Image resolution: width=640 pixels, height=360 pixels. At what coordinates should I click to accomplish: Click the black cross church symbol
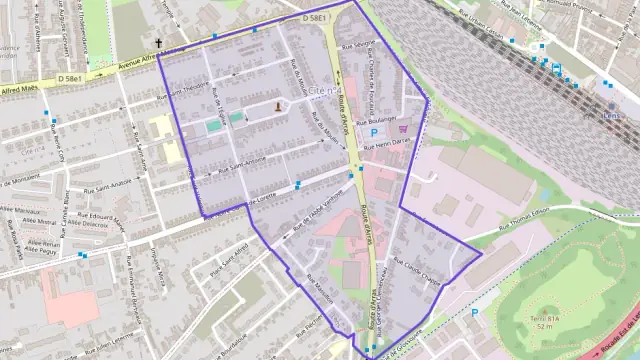[158, 43]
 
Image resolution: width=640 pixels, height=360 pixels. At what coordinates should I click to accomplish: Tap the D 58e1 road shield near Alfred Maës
[69, 78]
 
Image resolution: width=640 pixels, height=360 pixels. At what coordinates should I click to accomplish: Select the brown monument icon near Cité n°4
[277, 105]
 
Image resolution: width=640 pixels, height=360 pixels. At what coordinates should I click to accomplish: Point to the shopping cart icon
[402, 128]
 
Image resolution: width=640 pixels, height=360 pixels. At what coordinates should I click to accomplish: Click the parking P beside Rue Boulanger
[374, 132]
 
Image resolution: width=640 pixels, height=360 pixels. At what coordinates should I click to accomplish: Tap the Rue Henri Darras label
[388, 146]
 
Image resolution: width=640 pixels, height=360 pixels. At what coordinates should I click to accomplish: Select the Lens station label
[611, 114]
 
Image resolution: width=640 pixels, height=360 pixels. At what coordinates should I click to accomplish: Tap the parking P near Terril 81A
[474, 312]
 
